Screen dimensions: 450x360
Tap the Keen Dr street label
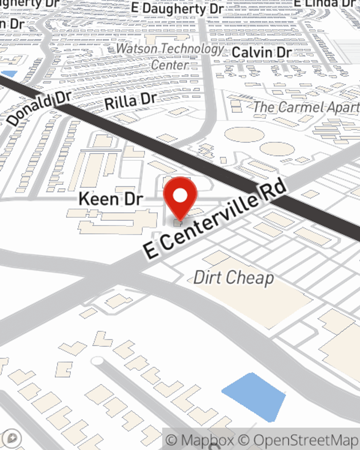(x=111, y=199)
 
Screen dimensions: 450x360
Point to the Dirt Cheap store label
(x=234, y=278)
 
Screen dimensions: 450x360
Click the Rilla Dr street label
(x=130, y=101)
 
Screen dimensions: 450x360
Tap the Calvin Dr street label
(x=262, y=52)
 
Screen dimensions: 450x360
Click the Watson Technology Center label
(x=170, y=56)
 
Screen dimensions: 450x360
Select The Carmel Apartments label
(x=306, y=107)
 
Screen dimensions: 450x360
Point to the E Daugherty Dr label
(x=177, y=9)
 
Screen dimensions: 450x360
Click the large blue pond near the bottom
(x=255, y=396)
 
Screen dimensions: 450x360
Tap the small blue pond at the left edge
(x=9, y=74)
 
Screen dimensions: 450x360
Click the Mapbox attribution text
(x=200, y=440)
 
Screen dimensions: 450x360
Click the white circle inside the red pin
(x=180, y=196)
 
